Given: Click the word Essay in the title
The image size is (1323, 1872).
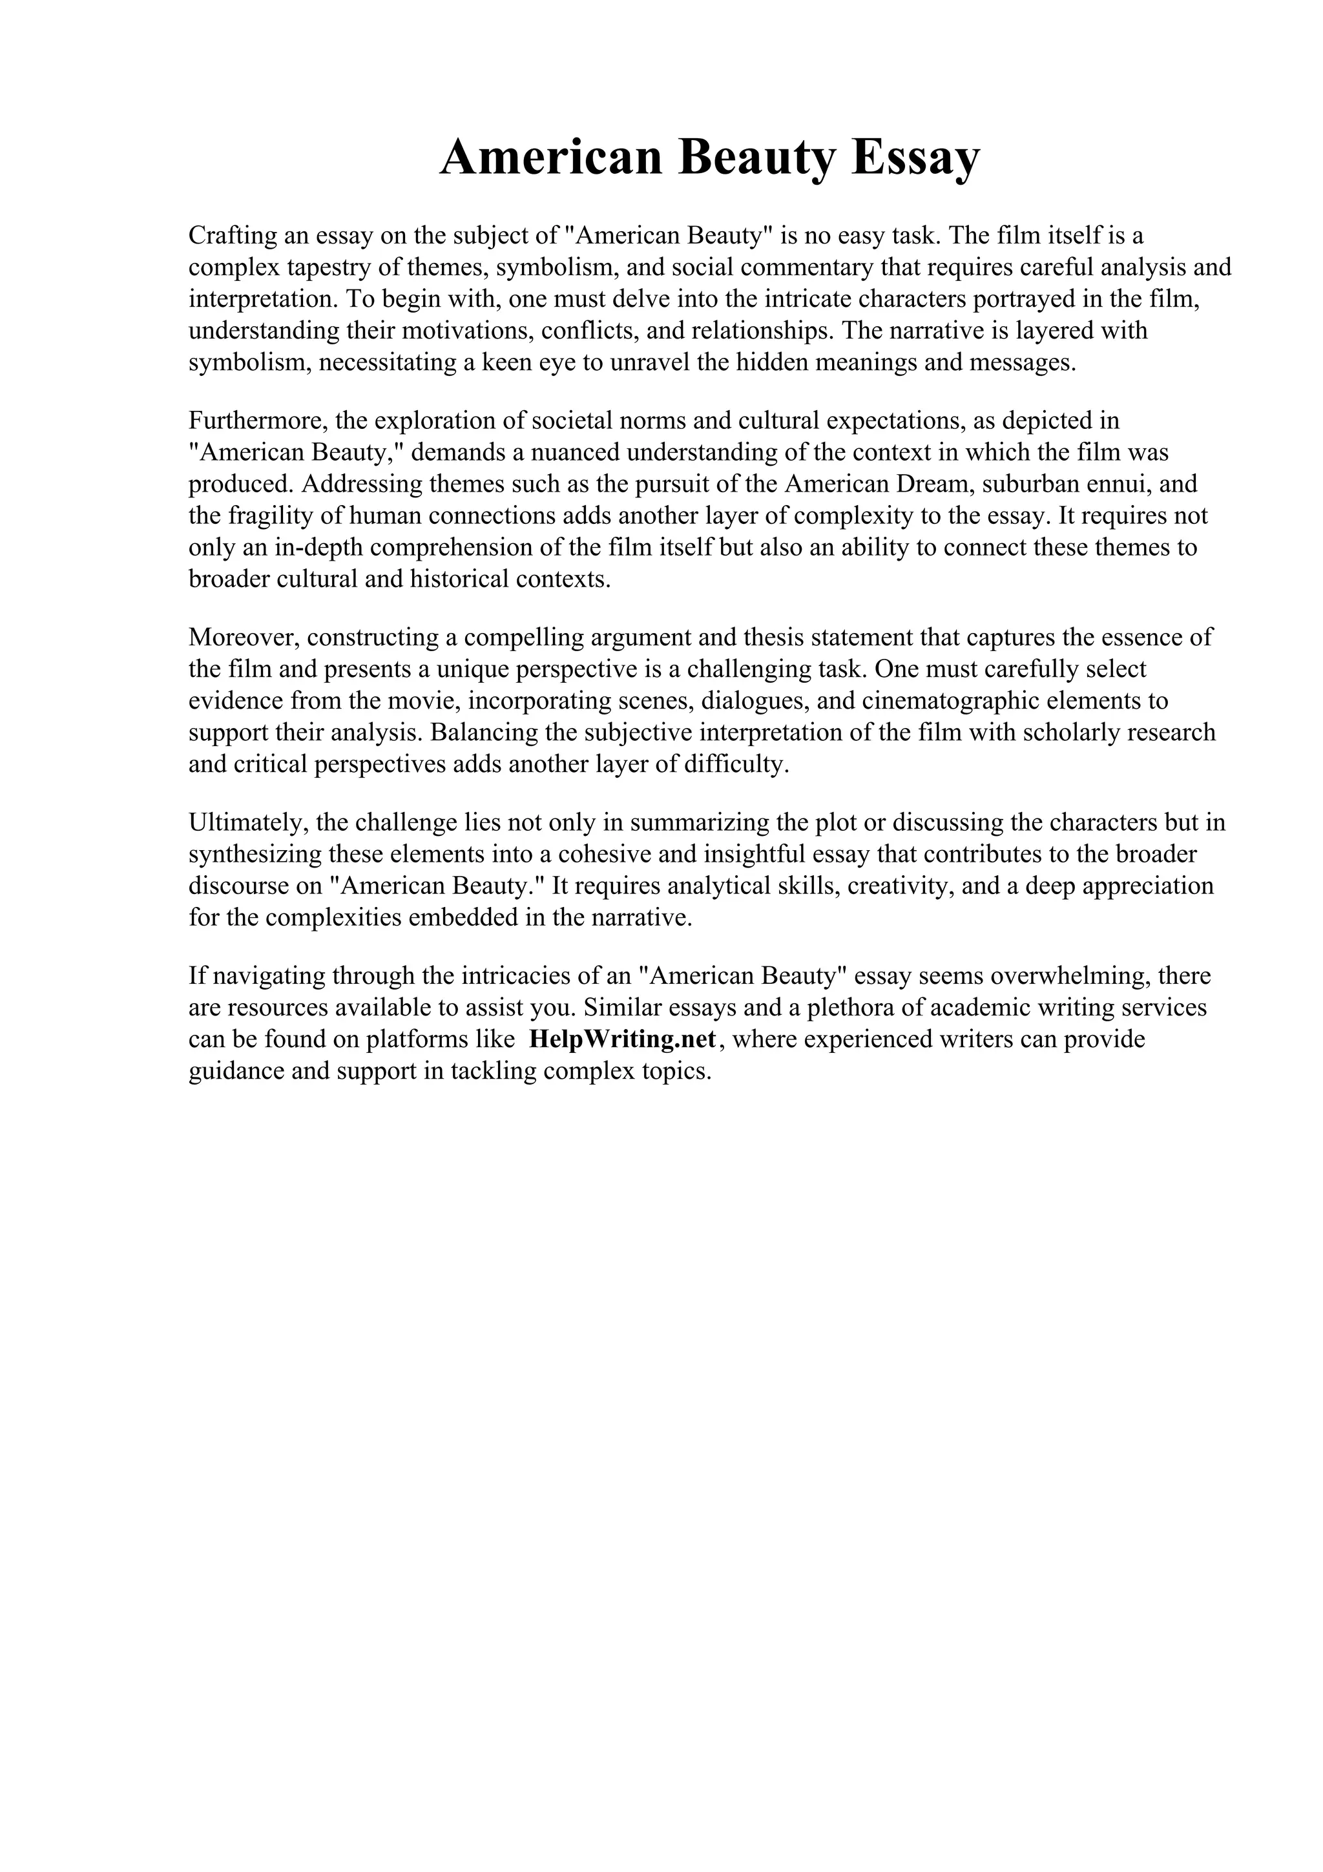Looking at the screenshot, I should pyautogui.click(x=915, y=158).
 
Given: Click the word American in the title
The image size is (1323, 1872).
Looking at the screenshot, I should pyautogui.click(x=551, y=158).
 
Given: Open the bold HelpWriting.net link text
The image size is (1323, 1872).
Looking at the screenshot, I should pyautogui.click(x=623, y=1039).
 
